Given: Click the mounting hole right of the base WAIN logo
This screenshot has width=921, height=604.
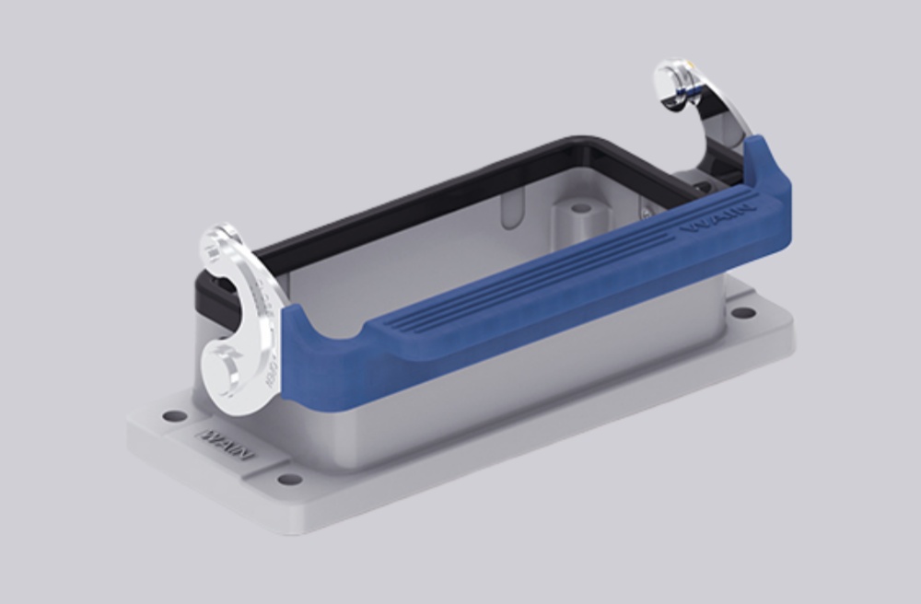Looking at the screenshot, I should (289, 479).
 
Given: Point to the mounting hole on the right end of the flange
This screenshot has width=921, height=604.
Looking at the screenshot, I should (743, 312).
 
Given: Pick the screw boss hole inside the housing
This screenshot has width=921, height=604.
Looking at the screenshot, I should (579, 209).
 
